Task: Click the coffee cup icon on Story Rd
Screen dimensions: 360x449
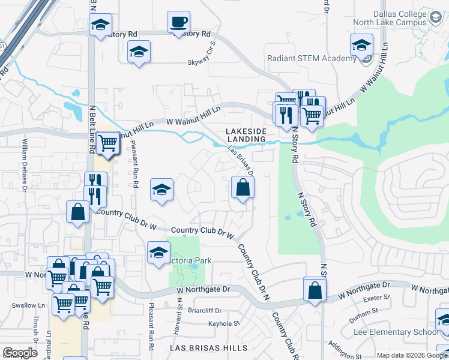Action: click(178, 23)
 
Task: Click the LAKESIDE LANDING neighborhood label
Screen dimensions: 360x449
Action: click(246, 135)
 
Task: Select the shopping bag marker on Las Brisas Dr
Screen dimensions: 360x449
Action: click(243, 188)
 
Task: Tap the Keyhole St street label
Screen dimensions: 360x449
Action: click(223, 324)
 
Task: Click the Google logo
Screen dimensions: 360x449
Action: click(20, 353)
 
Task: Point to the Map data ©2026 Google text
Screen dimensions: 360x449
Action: click(411, 355)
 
